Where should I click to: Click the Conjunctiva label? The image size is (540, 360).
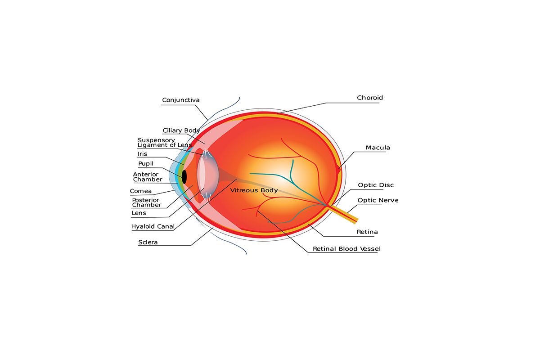pyautogui.click(x=180, y=100)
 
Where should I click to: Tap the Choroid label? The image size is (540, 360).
pyautogui.click(x=369, y=98)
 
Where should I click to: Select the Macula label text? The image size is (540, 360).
pyautogui.click(x=378, y=148)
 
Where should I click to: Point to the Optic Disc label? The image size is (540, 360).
pyautogui.click(x=376, y=185)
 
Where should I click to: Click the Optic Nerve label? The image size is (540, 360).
pyautogui.click(x=378, y=200)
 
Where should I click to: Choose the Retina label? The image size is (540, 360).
pyautogui.click(x=367, y=232)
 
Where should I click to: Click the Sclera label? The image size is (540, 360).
pyautogui.click(x=148, y=243)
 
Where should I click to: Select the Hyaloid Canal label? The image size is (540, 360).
pyautogui.click(x=153, y=227)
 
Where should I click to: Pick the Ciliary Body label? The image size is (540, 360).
pyautogui.click(x=181, y=130)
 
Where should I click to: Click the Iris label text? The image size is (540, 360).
pyautogui.click(x=142, y=154)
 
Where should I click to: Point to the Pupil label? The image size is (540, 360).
pyautogui.click(x=145, y=164)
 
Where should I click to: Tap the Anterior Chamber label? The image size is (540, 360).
pyautogui.click(x=147, y=177)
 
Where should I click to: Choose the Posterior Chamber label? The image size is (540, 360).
pyautogui.click(x=146, y=202)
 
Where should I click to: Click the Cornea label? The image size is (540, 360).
pyautogui.click(x=140, y=191)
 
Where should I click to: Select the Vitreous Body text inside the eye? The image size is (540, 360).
pyautogui.click(x=254, y=190)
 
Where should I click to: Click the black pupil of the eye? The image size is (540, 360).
pyautogui.click(x=184, y=177)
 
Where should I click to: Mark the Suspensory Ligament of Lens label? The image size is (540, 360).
pyautogui.click(x=164, y=143)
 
